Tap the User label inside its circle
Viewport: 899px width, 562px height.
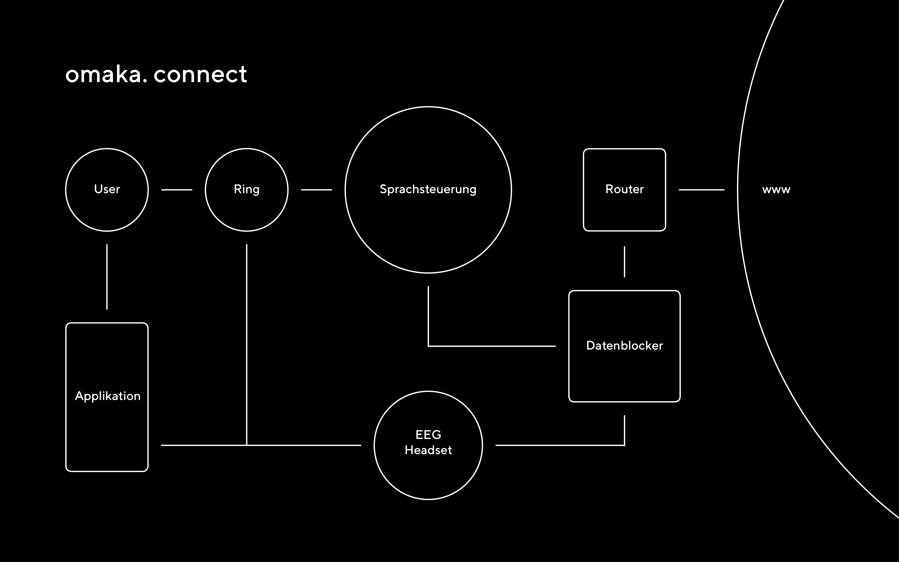(107, 189)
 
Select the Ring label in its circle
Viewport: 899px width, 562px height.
(246, 189)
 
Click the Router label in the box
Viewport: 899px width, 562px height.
(624, 189)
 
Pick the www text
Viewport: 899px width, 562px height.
(776, 190)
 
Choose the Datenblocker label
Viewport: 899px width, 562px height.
(624, 346)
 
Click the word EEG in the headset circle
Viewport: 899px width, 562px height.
(428, 435)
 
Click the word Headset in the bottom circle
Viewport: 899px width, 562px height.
(428, 450)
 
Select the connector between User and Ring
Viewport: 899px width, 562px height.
(176, 190)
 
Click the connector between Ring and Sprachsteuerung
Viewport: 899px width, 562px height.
(316, 190)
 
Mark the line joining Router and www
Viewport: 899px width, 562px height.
(701, 190)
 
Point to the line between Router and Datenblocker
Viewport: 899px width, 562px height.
(624, 262)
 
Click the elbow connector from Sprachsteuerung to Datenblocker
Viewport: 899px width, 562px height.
(491, 346)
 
